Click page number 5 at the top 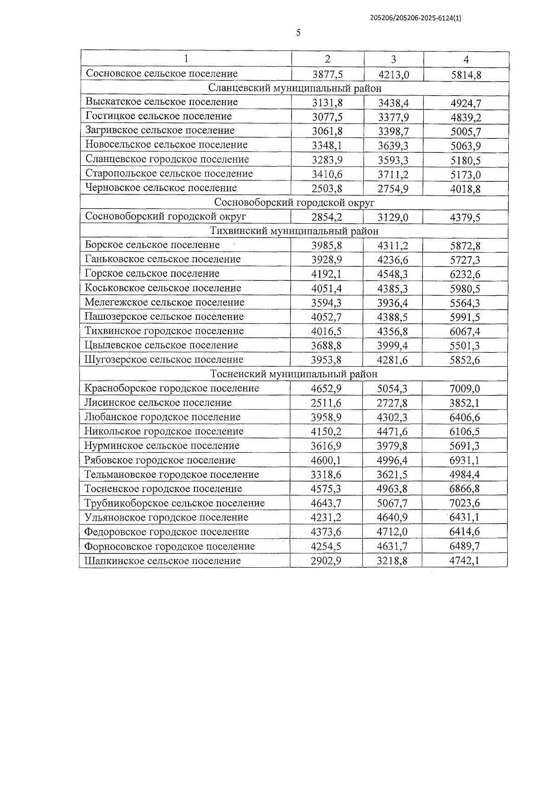(298, 32)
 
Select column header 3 (393, 59)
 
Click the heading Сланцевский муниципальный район (295, 88)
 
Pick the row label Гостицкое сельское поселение (159, 116)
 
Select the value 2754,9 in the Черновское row (393, 189)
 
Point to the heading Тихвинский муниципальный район (294, 231)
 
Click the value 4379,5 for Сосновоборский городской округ (466, 218)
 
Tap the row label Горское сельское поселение (152, 273)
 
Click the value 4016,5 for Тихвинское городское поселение (326, 331)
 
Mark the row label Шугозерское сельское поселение (164, 359)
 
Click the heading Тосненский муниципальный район (294, 374)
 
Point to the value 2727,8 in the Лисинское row (392, 403)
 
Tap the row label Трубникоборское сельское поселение (175, 503)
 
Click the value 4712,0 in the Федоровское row (392, 532)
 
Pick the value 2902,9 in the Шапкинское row (326, 561)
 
